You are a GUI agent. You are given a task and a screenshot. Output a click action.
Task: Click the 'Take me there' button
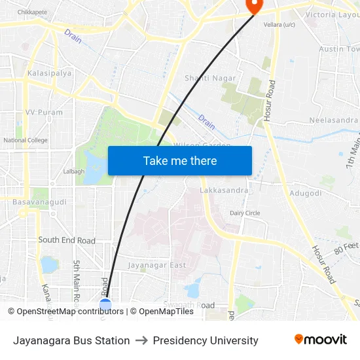coord(179,160)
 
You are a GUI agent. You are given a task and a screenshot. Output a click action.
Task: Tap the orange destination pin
coord(253,6)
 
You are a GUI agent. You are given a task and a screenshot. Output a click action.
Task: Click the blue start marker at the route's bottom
coord(105,304)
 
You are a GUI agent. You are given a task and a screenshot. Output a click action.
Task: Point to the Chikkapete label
coord(33,12)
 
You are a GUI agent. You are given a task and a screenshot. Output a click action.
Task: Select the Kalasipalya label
coord(49,73)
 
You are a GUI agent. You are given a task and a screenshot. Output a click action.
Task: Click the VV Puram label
coord(44,112)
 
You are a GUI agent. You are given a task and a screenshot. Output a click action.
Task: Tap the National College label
coord(26,140)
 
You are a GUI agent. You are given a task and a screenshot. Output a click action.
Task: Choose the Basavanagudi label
coord(39,202)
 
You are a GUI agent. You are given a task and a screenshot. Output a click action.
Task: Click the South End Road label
coord(66,240)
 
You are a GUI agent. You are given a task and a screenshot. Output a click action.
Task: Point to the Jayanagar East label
coord(156,265)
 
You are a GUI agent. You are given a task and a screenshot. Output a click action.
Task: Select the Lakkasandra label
coord(224,190)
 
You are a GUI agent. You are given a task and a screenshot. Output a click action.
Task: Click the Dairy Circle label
coord(245,213)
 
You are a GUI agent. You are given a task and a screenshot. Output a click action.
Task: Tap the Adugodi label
coord(305,194)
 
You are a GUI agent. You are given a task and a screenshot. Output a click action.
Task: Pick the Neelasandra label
coord(333,120)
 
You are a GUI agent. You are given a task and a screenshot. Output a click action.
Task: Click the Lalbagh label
coord(73,171)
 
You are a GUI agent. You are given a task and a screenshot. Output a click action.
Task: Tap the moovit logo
coord(320,340)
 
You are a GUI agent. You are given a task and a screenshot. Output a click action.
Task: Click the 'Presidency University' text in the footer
coord(206,340)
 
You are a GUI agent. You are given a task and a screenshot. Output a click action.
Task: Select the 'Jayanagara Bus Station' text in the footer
coord(71,340)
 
